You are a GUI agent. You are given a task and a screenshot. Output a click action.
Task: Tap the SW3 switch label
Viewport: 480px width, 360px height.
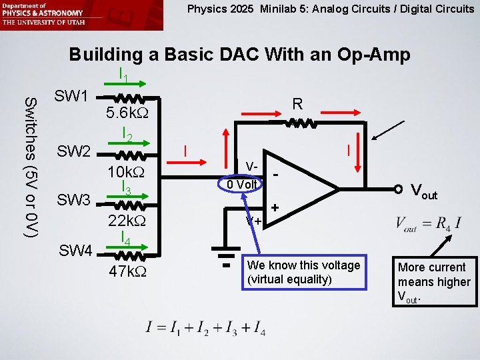coord(73,199)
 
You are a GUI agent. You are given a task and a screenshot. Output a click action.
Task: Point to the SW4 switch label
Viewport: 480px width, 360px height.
coord(75,251)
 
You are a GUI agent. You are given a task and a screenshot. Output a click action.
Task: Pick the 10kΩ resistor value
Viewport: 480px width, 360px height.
coord(127,172)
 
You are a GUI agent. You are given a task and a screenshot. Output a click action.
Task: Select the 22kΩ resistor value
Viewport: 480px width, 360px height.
coord(127,221)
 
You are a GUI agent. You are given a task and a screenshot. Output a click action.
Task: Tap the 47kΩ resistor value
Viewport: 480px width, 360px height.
coord(128,272)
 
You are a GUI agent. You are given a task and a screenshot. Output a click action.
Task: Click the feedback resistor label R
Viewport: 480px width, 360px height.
coord(297,104)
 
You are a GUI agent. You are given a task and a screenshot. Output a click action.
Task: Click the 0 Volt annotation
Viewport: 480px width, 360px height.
coord(241,184)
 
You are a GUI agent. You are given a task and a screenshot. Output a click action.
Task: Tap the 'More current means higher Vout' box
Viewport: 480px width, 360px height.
coord(434,280)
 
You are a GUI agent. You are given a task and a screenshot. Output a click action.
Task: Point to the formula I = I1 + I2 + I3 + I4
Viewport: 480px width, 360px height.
coord(206,327)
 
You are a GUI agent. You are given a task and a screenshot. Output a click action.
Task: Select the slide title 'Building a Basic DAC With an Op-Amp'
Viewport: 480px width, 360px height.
coord(239,54)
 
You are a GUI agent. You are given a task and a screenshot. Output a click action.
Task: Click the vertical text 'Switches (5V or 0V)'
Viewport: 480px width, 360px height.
coord(31,167)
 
